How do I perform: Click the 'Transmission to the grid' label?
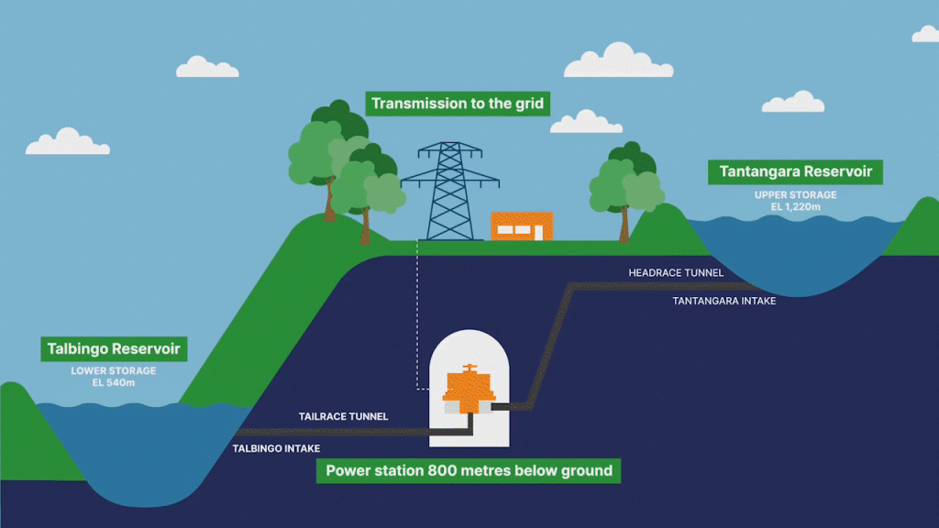coord(457,104)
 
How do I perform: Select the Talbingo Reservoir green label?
coord(114,349)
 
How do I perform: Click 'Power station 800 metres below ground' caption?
coord(469,471)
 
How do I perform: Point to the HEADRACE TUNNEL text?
coord(676,273)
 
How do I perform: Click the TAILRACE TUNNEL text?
coord(343,416)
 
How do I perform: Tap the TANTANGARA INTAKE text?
coord(724,301)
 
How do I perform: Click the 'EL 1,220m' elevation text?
coord(795,208)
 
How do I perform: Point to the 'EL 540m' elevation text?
coord(114,383)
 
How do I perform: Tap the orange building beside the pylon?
coord(521,225)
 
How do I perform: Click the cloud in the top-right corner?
coord(927,34)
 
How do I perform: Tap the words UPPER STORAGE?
coord(795,195)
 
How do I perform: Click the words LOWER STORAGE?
coord(114,371)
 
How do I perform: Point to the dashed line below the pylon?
coord(418,312)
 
